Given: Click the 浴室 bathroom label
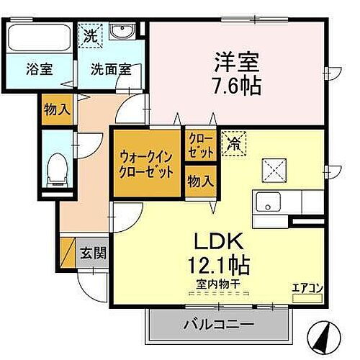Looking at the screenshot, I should [39, 71].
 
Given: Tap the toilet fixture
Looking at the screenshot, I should [55, 168].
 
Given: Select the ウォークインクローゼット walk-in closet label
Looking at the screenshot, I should [146, 163].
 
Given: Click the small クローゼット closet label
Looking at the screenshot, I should [201, 146].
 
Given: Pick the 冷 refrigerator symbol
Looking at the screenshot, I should [233, 143].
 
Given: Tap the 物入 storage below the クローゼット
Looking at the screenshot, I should [200, 181].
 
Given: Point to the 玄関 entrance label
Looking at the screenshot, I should [93, 253].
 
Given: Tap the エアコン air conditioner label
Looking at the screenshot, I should [306, 288].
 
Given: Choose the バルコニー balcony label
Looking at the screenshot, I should [217, 324].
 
